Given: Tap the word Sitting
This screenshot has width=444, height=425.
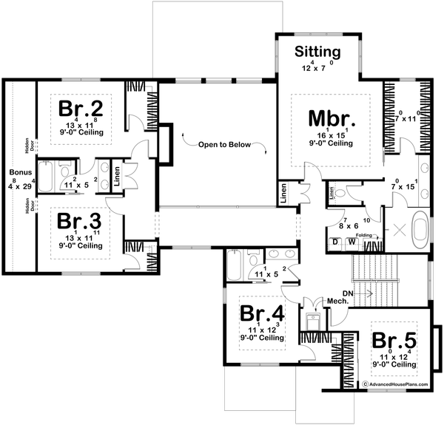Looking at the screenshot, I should tap(317, 52).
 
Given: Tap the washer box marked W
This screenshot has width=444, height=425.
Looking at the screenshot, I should tap(352, 241).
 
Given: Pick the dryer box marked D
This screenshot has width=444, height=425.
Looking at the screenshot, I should tap(336, 241).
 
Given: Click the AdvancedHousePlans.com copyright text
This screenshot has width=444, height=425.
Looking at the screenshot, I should tap(400, 384).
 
